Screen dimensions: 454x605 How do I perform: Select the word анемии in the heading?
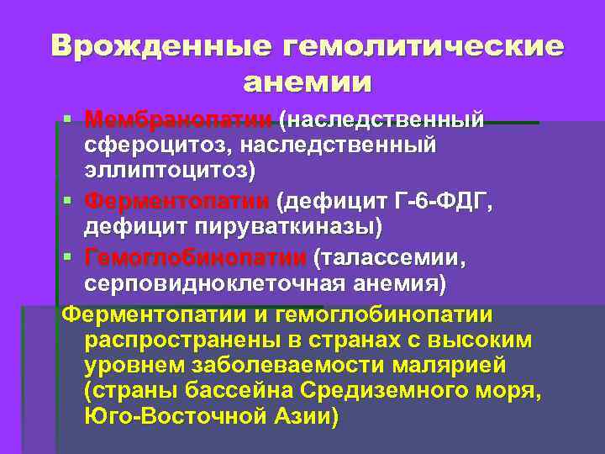(307, 82)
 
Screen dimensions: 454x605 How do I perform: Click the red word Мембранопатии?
(179, 119)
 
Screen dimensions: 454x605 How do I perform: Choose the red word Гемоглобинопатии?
(197, 256)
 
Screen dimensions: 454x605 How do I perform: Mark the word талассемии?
(391, 256)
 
